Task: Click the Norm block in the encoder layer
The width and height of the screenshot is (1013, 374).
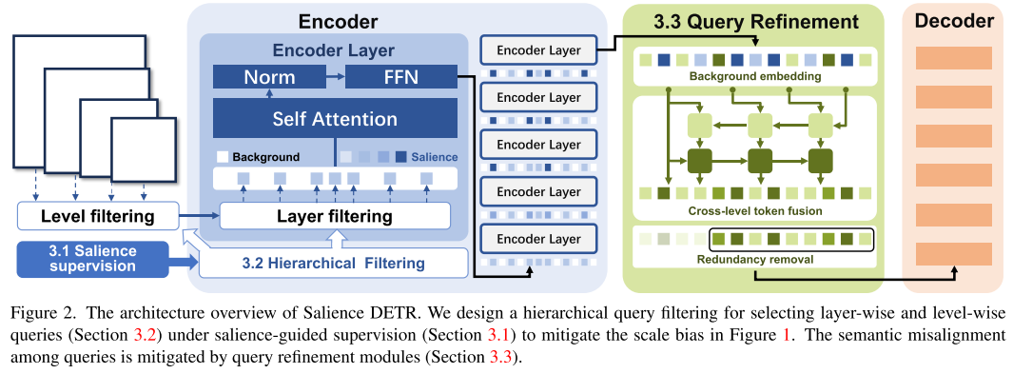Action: (x=269, y=77)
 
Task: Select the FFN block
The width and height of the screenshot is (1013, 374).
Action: (x=401, y=77)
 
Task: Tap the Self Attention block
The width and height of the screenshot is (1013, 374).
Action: (x=335, y=119)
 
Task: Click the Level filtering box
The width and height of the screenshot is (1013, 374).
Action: (x=97, y=216)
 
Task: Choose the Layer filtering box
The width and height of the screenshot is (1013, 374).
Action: (x=335, y=216)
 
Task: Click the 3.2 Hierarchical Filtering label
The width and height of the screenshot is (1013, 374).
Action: (x=333, y=264)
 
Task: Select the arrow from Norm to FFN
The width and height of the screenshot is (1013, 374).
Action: (x=336, y=77)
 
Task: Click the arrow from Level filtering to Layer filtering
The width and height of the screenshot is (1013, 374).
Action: (x=199, y=216)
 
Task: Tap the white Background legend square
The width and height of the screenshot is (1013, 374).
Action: (x=223, y=157)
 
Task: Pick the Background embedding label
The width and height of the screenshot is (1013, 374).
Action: (x=754, y=77)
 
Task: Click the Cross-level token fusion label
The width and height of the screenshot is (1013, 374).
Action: (x=754, y=210)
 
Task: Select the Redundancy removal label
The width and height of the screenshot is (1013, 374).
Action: (x=754, y=260)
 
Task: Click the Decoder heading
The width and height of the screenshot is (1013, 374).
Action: (x=954, y=21)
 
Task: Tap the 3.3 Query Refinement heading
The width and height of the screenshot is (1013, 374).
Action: (x=754, y=22)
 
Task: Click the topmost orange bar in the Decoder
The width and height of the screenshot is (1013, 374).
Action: (x=954, y=58)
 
